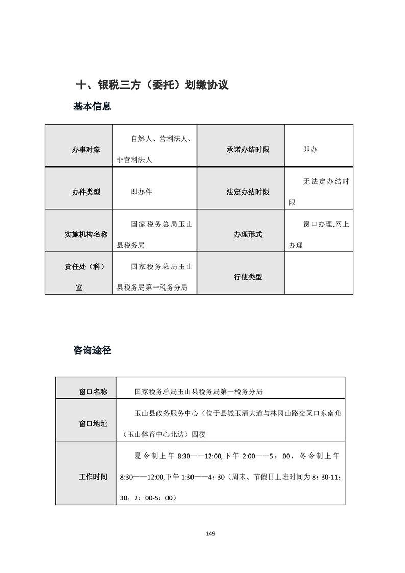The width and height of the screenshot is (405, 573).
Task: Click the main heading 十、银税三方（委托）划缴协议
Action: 152,85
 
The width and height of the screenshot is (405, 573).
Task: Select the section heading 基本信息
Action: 92,107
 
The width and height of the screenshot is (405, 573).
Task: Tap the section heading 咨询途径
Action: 92,350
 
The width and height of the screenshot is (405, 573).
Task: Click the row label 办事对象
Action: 86,150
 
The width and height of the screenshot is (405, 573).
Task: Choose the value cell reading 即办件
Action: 141,192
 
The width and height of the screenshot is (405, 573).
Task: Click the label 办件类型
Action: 86,192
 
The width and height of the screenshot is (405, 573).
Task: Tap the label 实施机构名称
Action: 86,234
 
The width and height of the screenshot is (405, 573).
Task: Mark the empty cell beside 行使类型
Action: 319,274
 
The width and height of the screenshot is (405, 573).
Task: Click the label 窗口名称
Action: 93,392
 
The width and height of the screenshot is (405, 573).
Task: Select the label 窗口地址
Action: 93,424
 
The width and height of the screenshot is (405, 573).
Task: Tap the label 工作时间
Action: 93,476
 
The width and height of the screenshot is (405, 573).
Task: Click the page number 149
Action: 210,534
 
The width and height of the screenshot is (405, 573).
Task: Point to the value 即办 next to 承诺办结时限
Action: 310,150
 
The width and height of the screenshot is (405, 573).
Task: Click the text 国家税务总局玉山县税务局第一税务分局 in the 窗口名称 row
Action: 199,392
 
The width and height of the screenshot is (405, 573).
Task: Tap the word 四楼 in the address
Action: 198,434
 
